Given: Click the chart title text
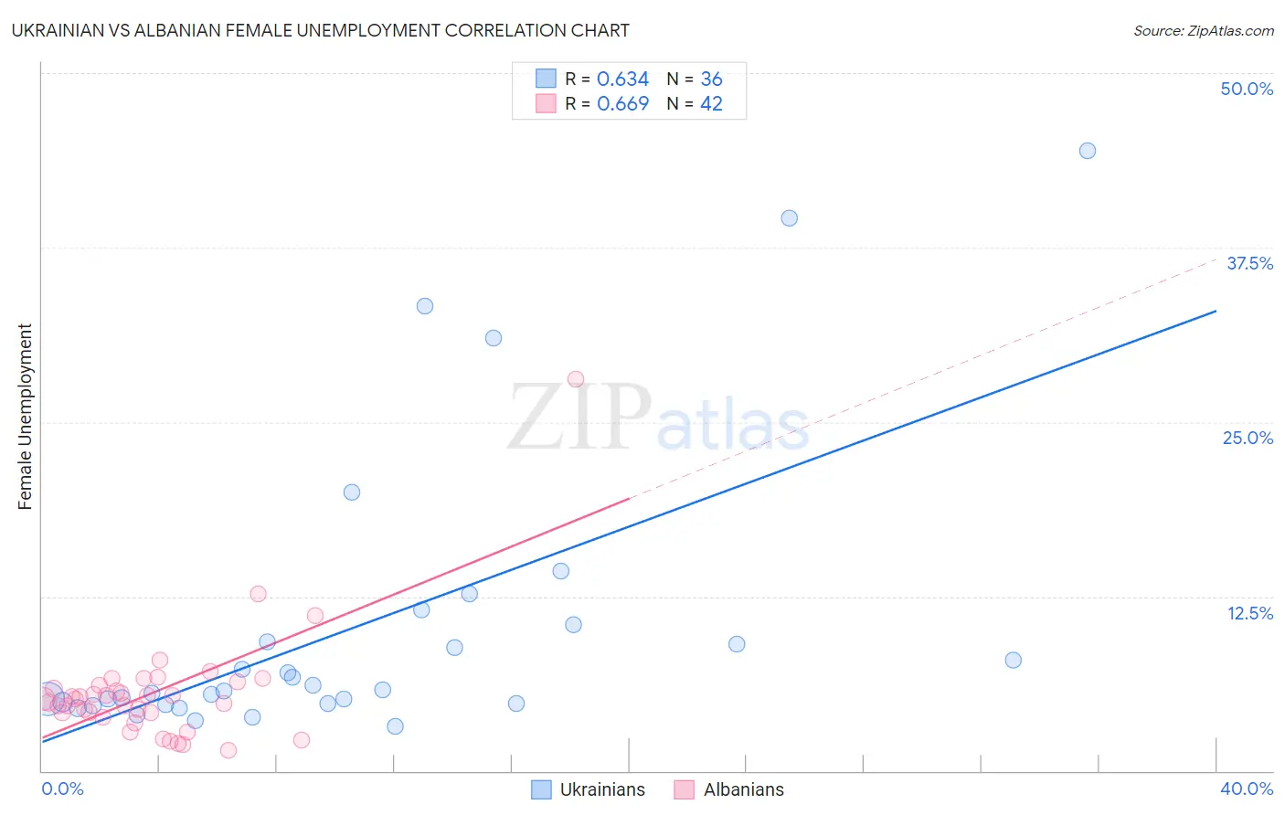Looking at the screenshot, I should [320, 30].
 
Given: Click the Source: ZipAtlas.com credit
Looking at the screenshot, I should [1203, 30].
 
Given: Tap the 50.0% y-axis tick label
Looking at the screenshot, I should [1247, 89].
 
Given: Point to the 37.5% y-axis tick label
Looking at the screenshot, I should [1249, 263].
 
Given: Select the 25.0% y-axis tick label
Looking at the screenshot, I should [1248, 438].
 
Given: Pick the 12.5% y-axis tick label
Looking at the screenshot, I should [1249, 613].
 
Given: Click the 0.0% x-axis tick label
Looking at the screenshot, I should [62, 789].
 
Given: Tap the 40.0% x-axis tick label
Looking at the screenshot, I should [1247, 789].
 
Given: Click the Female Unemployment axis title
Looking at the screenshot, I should [25, 417].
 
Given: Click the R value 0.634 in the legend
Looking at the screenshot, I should [622, 79].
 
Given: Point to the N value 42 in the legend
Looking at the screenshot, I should [711, 104].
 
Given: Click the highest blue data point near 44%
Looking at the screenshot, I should [1087, 151].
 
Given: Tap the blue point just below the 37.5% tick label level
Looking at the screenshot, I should [789, 218].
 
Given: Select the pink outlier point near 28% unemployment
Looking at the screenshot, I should [576, 379].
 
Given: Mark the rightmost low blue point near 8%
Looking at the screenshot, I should [1013, 660].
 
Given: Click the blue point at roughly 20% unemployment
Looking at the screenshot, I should [352, 492].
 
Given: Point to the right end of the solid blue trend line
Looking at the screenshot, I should [1216, 312].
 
